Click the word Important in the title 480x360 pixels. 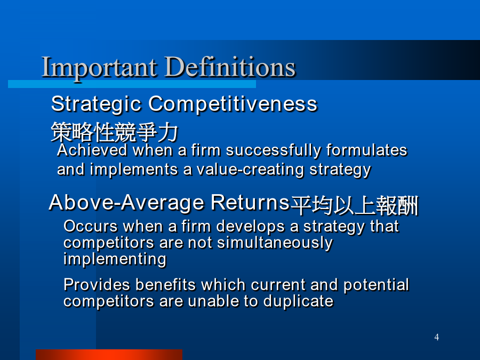tap(100, 68)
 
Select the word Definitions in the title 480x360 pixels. tap(230, 67)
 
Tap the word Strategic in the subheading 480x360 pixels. tap(96, 105)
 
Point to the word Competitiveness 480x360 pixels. tap(233, 104)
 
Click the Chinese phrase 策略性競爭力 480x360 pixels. tap(115, 132)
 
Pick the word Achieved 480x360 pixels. tap(92, 150)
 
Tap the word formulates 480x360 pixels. tap(367, 150)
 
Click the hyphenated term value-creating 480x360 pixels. tap(250, 170)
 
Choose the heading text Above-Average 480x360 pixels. tap(126, 203)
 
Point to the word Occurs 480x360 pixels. tap(91, 227)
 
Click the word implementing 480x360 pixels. tap(115, 260)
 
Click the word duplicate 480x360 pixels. tap(298, 302)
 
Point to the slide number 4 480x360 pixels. tap(436, 338)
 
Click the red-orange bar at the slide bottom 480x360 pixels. tap(109, 355)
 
